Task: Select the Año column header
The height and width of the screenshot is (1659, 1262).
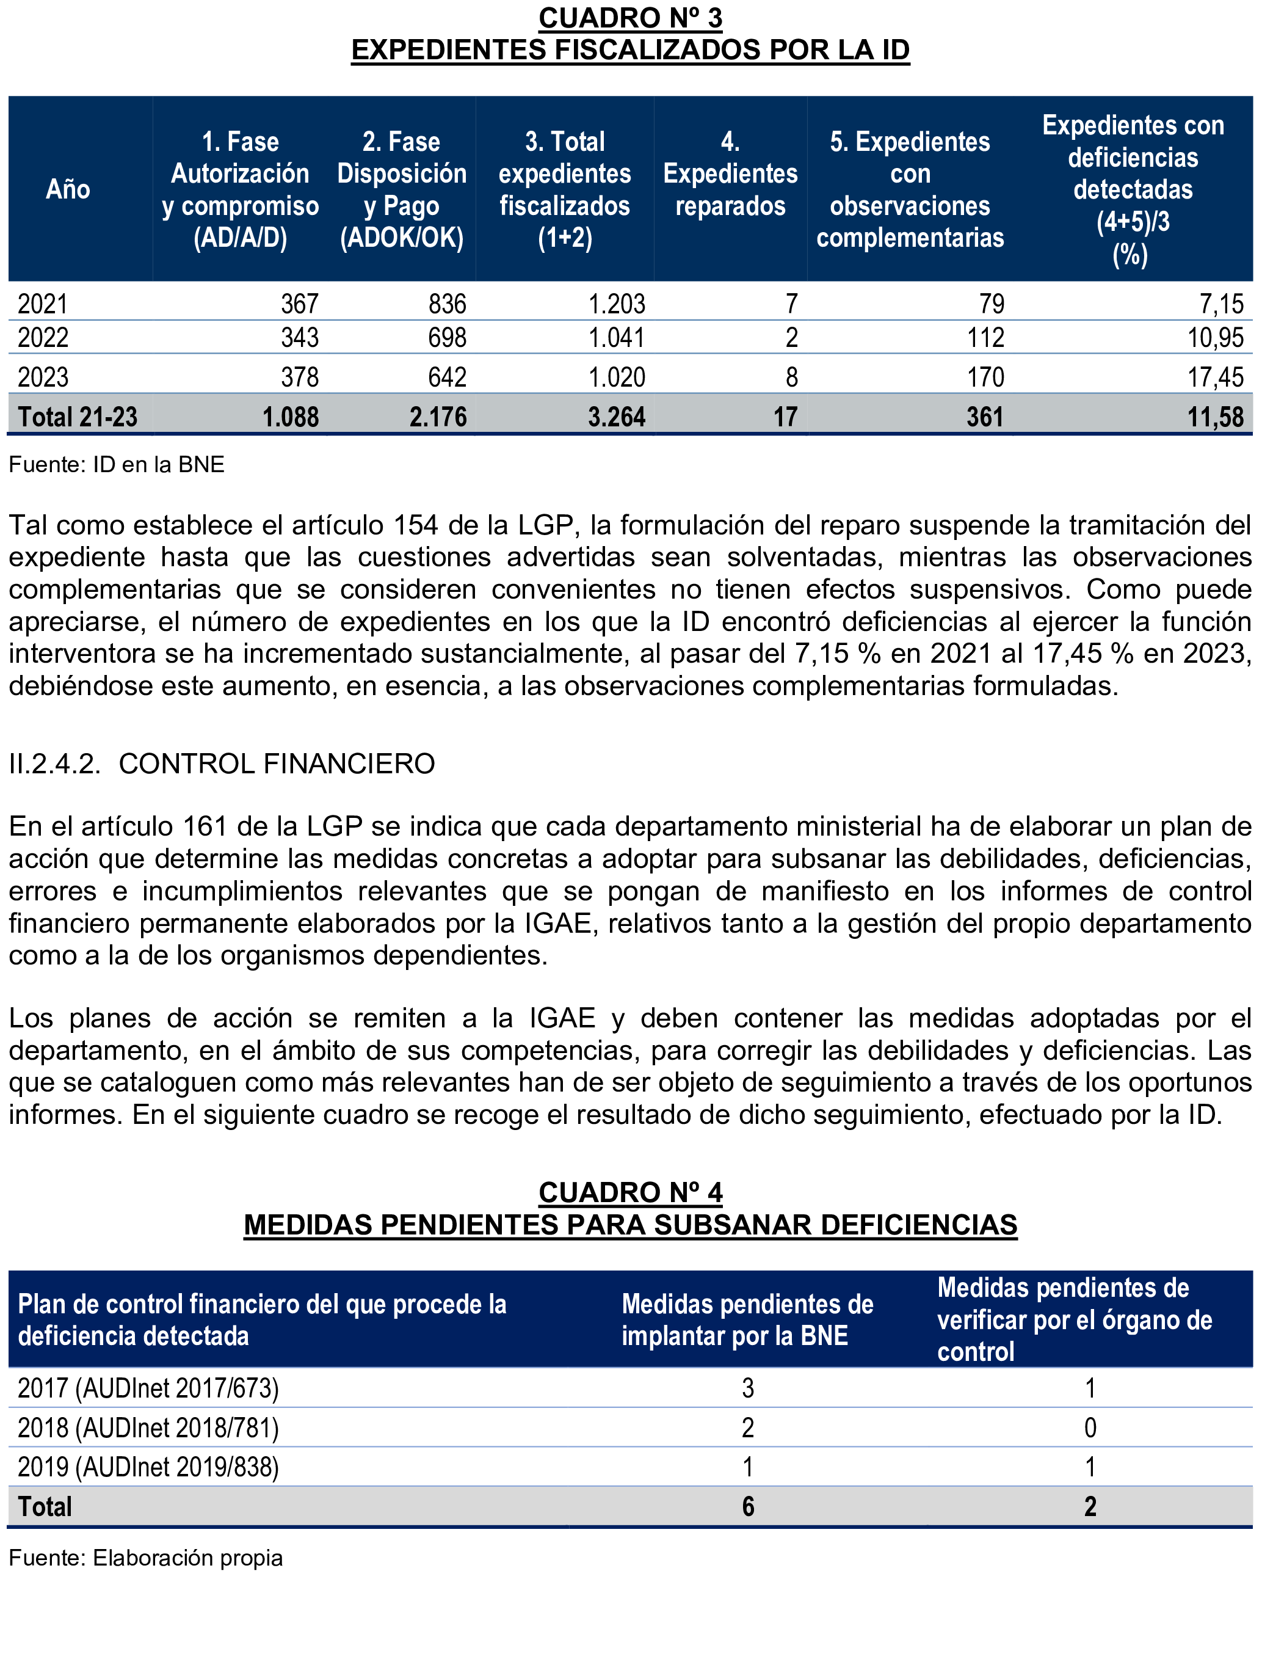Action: [x=68, y=189]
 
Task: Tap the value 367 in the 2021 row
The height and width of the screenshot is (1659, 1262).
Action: [x=300, y=304]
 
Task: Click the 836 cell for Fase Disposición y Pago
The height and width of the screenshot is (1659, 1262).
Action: [x=447, y=304]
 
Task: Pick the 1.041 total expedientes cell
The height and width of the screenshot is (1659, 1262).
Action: [x=616, y=337]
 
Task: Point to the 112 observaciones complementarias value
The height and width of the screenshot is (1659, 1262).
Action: [x=985, y=337]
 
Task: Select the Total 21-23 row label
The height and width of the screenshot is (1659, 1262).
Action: [x=78, y=416]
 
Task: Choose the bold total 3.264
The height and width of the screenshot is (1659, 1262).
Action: [x=616, y=416]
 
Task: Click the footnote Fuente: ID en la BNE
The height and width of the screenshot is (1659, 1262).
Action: [x=117, y=464]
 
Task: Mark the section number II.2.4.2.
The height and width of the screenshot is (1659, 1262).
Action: [x=54, y=764]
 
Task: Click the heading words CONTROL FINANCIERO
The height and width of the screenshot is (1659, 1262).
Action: [x=277, y=764]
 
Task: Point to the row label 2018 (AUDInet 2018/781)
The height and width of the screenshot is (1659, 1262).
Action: [x=148, y=1427]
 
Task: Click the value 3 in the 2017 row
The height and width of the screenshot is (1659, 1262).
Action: [x=747, y=1388]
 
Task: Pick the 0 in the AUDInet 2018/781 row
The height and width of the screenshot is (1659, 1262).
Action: [x=1090, y=1427]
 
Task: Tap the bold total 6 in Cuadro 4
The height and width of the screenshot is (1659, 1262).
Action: [x=747, y=1506]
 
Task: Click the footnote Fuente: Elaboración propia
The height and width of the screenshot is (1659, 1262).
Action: [x=146, y=1558]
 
